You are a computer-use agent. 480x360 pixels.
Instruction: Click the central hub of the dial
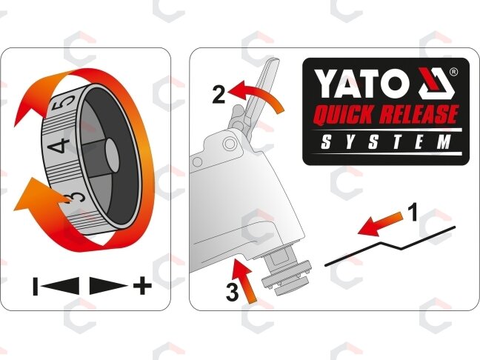pos(112,156)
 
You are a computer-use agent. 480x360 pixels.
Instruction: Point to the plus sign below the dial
pos(142,286)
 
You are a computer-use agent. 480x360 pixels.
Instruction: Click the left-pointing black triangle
pos(60,286)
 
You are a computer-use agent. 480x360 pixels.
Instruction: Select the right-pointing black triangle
pos(109,286)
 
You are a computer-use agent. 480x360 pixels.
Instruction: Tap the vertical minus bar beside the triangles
pos(36,286)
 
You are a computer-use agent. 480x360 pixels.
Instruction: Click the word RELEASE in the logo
pos(421,115)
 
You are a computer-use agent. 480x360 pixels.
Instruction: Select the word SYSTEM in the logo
pos(386,143)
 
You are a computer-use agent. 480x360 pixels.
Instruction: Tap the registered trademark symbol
pos(453,72)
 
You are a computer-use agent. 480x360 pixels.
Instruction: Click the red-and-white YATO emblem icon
pos(434,83)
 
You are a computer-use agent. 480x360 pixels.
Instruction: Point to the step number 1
pos(413,213)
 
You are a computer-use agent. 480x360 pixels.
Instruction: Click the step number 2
pos(219,95)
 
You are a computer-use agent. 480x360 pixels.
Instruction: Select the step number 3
pos(232,292)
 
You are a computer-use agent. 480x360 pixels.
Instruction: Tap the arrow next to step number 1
pos(379,224)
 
